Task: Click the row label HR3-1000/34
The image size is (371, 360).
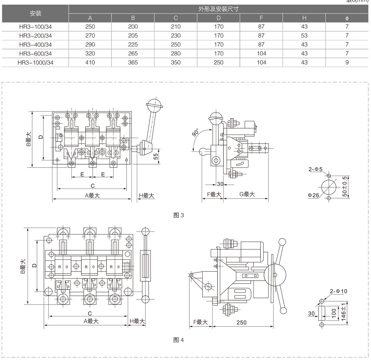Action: pyautogui.click(x=35, y=62)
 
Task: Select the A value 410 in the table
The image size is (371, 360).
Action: pyautogui.click(x=90, y=62)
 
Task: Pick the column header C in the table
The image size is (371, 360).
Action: pyautogui.click(x=176, y=18)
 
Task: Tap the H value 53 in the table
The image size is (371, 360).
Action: pyautogui.click(x=304, y=35)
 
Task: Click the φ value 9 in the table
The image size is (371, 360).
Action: pyautogui.click(x=347, y=62)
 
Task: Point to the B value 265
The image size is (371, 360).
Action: pyautogui.click(x=133, y=53)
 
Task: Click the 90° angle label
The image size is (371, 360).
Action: pyautogui.click(x=196, y=133)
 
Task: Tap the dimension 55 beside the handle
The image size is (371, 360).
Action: pyautogui.click(x=156, y=156)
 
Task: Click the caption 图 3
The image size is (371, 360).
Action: pyautogui.click(x=178, y=215)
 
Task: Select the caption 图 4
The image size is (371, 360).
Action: pyautogui.click(x=178, y=340)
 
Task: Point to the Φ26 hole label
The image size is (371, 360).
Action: pyautogui.click(x=313, y=195)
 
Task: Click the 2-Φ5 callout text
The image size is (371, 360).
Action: pyautogui.click(x=316, y=169)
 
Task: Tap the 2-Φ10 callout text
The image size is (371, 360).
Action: pyautogui.click(x=338, y=291)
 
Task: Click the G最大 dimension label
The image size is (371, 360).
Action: pyautogui.click(x=247, y=194)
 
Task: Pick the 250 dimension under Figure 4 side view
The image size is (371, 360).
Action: pyautogui.click(x=241, y=322)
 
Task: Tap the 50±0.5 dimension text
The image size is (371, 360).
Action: pyautogui.click(x=345, y=186)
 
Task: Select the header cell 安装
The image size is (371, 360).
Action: pyautogui.click(x=35, y=13)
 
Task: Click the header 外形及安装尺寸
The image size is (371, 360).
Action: pyautogui.click(x=218, y=9)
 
